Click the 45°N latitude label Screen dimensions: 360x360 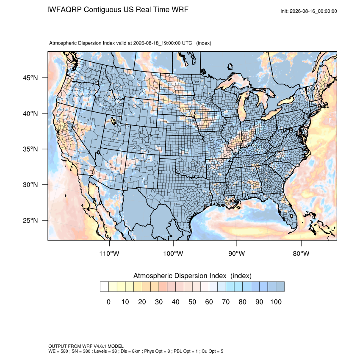(x=30, y=78)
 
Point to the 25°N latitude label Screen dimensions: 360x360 (x=30, y=220)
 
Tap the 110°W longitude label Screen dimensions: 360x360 (x=109, y=253)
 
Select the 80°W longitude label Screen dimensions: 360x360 (x=301, y=253)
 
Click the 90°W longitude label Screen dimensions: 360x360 (x=236, y=253)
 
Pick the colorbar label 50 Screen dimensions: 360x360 (x=192, y=302)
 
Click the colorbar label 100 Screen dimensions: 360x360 (x=276, y=302)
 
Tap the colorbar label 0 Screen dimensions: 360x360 (x=108, y=302)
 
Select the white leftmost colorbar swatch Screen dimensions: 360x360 (x=104, y=287)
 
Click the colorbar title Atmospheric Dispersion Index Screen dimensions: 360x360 (x=180, y=276)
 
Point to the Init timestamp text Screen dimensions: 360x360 (x=309, y=11)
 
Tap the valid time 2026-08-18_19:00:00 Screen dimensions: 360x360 (x=157, y=43)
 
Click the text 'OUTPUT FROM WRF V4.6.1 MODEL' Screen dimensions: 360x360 (x=86, y=346)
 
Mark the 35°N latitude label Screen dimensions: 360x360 (x=30, y=149)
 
